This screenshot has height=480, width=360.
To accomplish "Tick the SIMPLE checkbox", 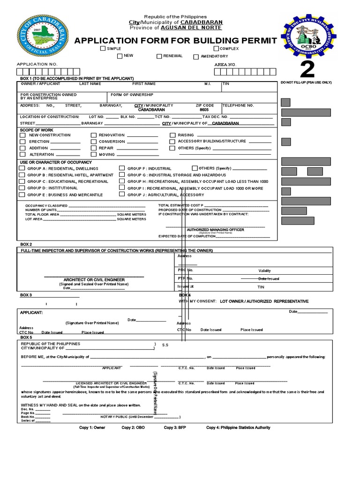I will (103, 49).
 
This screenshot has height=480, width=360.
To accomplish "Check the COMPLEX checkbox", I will (216, 49).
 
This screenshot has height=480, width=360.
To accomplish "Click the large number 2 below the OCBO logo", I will (307, 70).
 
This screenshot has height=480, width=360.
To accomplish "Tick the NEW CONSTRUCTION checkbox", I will (22, 135).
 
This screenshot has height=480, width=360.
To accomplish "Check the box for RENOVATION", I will (94, 135).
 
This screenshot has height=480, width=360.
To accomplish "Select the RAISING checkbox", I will (172, 135).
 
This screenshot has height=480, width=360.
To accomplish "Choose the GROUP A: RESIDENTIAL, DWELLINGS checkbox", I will (22, 168).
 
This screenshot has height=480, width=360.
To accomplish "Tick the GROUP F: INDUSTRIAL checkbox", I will (122, 168).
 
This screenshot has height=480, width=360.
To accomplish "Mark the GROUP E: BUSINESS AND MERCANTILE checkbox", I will (22, 194).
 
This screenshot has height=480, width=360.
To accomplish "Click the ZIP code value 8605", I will (204, 110).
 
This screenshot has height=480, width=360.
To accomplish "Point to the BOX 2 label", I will (26, 245).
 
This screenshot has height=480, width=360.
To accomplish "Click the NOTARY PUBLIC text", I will (114, 417).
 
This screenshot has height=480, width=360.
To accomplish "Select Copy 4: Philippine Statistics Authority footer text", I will (238, 427).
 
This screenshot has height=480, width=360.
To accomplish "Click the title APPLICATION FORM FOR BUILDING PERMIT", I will (175, 41).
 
